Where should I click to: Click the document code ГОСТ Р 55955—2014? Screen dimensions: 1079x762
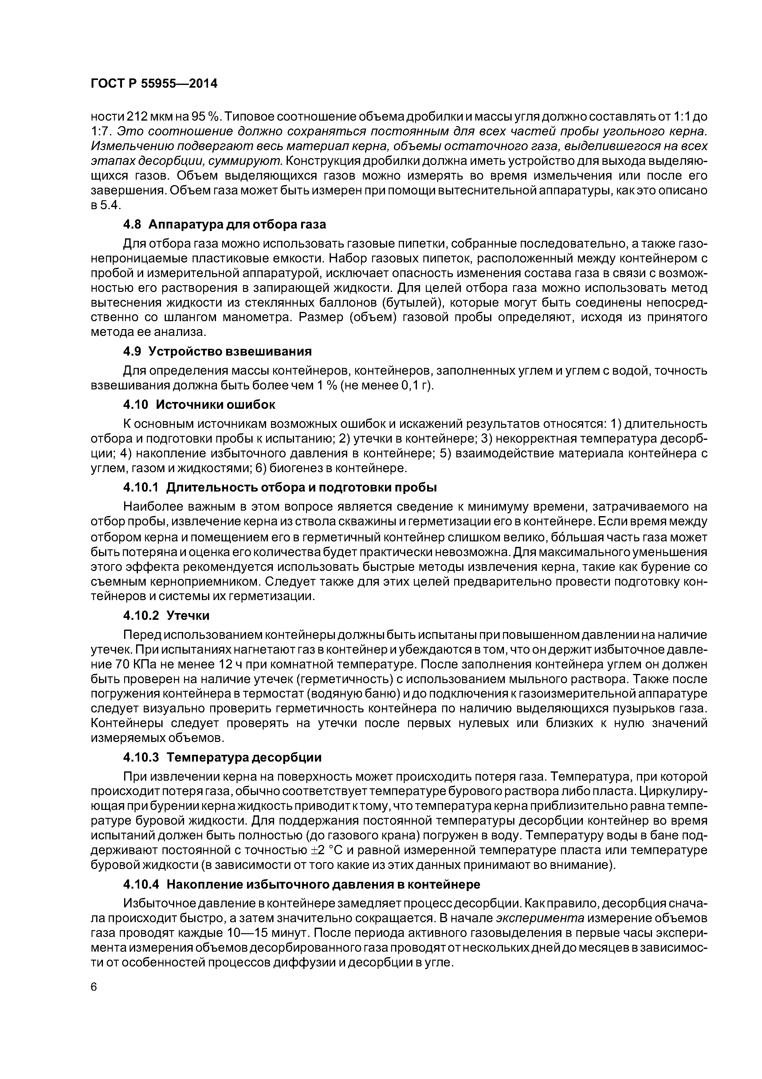click(154, 84)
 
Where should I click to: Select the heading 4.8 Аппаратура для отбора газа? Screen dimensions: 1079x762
click(224, 225)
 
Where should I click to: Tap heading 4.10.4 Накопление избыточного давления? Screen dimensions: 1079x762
click(301, 884)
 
